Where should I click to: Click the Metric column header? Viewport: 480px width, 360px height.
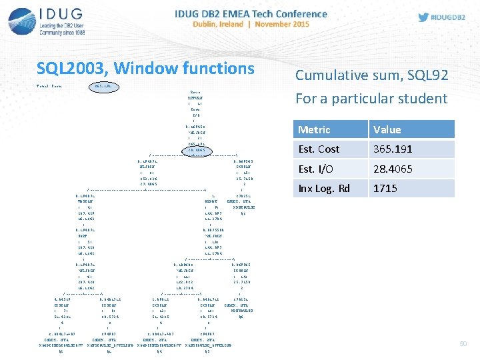314,129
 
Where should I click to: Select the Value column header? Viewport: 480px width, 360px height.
387,129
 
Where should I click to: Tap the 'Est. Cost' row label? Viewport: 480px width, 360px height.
319,149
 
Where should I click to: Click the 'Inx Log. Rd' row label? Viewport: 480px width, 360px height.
323,188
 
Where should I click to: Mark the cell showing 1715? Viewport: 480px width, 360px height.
385,188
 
